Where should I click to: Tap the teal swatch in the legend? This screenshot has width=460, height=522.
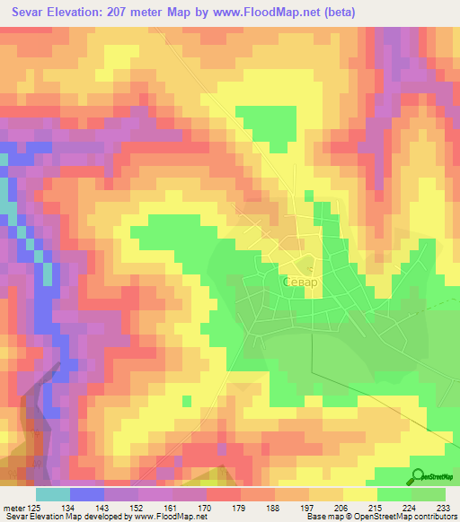click(52, 494)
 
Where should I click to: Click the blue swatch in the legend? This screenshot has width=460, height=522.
click(86, 494)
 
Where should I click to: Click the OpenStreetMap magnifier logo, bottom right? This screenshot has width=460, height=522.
click(418, 476)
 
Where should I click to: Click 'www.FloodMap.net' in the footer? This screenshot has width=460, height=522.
click(165, 516)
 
